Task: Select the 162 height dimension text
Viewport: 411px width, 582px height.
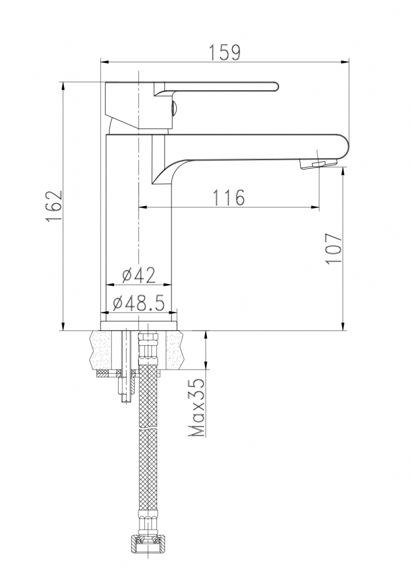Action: click(53, 207)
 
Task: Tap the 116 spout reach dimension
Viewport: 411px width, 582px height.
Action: click(228, 197)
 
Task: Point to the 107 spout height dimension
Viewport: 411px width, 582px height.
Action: click(334, 249)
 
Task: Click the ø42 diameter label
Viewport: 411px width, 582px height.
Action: click(138, 275)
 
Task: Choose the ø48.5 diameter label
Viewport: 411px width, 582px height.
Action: click(139, 304)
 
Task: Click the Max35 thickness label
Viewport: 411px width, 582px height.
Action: click(196, 407)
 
